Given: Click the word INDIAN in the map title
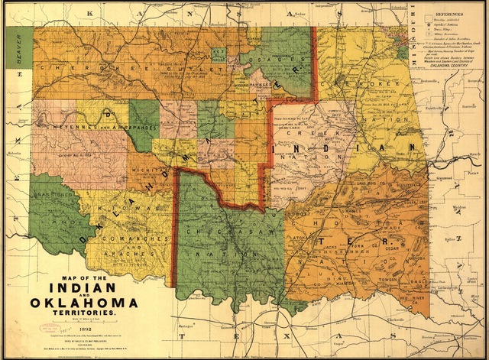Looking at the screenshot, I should (83, 287).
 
